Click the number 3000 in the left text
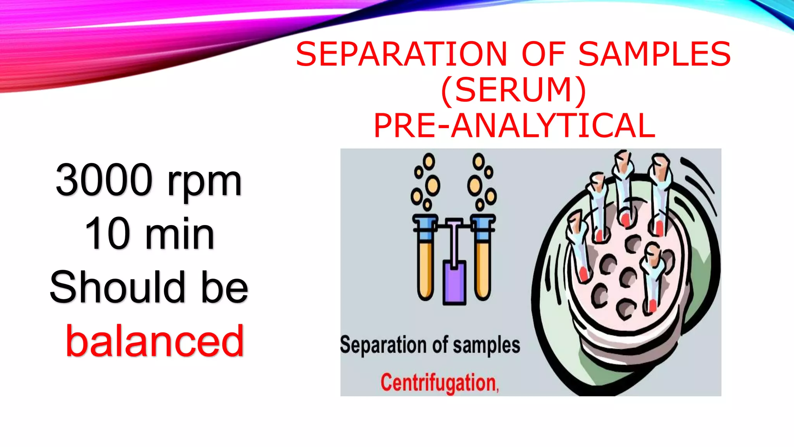[104, 180]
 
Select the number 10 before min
[107, 234]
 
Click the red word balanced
[155, 341]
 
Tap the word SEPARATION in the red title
[401, 54]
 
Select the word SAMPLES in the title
[654, 54]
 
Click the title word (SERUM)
[513, 90]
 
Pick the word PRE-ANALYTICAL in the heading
[514, 126]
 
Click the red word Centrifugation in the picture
[439, 383]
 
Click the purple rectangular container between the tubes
[454, 282]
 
